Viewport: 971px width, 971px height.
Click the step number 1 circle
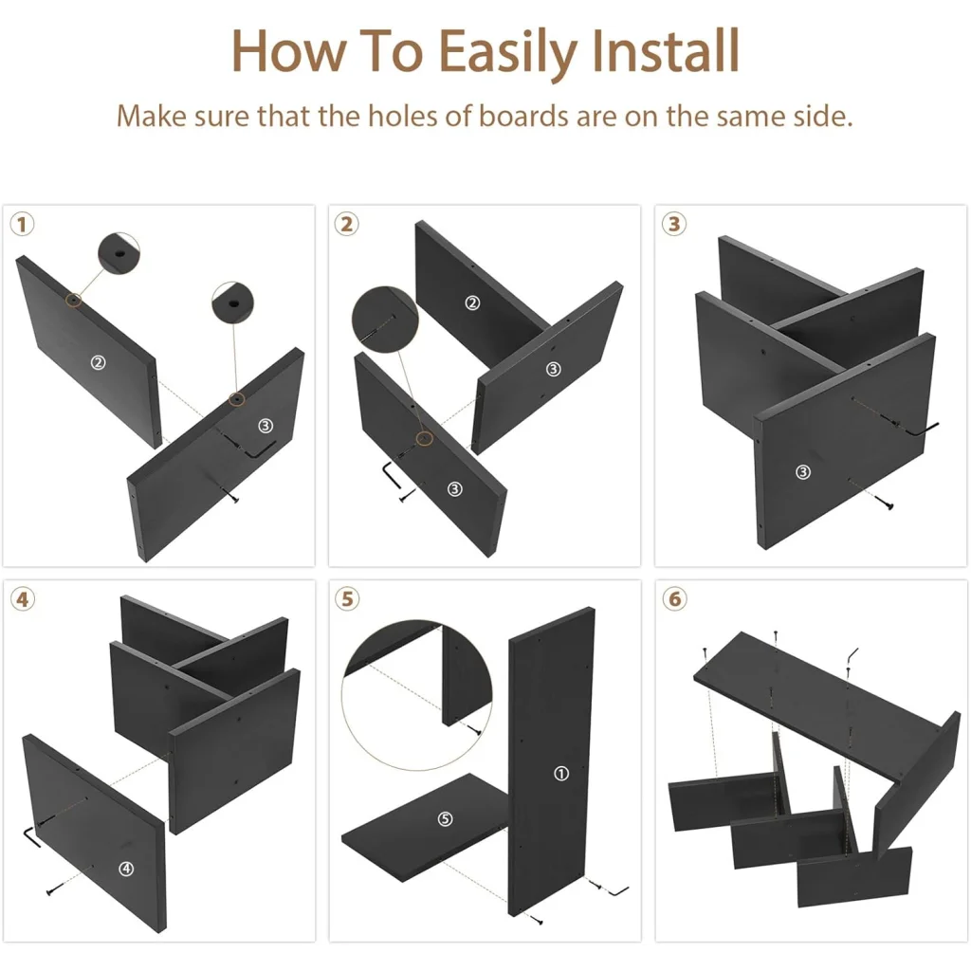(x=23, y=224)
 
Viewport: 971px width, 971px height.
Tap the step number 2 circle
(x=347, y=224)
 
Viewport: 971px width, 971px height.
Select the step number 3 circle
(x=674, y=224)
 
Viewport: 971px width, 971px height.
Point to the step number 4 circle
(x=23, y=599)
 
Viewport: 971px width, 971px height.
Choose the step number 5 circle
(x=347, y=599)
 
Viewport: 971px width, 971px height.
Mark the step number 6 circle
(x=675, y=599)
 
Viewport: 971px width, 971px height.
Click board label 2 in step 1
(x=98, y=362)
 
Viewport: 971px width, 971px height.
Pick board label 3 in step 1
(x=266, y=426)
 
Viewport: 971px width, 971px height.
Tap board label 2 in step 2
(x=472, y=302)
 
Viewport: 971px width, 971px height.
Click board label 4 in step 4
(x=126, y=869)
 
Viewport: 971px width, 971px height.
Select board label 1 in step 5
(x=561, y=774)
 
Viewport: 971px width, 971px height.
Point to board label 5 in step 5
(x=446, y=819)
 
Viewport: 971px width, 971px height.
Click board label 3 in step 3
(x=803, y=472)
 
